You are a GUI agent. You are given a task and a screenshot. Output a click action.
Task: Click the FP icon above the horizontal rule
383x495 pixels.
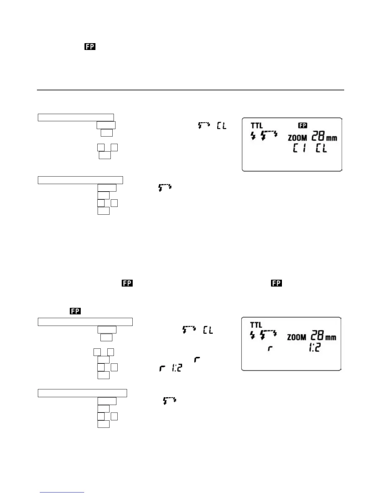89,47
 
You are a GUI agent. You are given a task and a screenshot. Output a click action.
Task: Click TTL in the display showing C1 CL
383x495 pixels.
257,126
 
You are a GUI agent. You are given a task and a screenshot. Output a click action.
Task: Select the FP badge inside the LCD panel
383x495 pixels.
303,126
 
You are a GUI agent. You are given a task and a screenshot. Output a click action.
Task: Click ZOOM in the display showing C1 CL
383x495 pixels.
297,137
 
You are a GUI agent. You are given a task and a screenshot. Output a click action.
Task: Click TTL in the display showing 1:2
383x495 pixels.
256,325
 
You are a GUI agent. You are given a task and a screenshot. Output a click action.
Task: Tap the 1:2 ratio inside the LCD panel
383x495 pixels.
314,348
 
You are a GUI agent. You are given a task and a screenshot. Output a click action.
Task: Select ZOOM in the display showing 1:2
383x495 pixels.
297,337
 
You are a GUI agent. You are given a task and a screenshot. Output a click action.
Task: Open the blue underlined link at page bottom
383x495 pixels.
62,492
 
